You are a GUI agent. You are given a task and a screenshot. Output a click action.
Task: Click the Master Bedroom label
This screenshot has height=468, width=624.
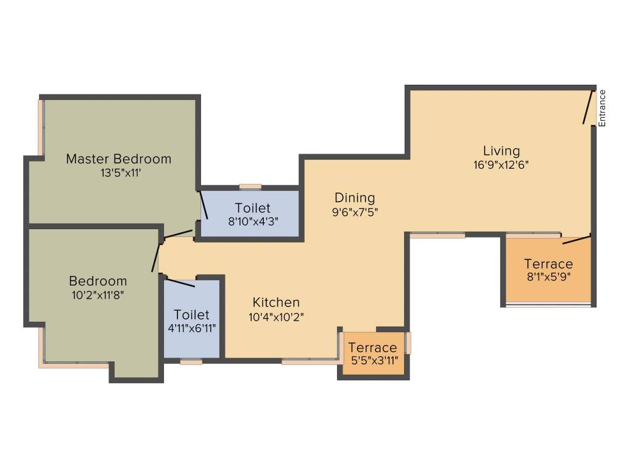(119, 159)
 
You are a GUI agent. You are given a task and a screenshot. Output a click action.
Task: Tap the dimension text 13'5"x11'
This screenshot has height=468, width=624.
(119, 172)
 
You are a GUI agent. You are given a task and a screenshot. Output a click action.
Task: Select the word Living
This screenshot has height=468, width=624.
(502, 151)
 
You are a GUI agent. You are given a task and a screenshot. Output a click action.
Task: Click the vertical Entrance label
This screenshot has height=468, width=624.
(602, 108)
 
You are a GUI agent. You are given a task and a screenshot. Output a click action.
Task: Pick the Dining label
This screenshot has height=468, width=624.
(355, 198)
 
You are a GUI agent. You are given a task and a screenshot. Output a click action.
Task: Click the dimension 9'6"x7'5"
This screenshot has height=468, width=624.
(355, 211)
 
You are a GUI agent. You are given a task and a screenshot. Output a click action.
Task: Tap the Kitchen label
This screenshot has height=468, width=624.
(276, 302)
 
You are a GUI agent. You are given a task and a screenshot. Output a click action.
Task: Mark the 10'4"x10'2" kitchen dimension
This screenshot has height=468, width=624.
(276, 316)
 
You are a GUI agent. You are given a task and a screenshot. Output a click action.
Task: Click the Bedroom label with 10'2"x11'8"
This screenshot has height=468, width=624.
(97, 281)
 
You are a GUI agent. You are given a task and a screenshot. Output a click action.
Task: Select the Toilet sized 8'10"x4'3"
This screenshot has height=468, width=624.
(252, 208)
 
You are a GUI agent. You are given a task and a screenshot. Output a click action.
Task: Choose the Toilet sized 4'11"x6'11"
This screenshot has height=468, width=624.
(191, 314)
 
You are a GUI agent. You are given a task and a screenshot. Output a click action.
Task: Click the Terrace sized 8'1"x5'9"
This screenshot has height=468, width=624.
(548, 264)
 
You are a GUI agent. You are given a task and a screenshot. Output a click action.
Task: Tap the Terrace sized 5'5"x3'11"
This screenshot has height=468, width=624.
(373, 348)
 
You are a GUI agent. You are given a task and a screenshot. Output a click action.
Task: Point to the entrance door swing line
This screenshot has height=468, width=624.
(589, 108)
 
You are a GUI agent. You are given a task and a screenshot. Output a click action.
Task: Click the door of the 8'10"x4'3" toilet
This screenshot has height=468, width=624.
(205, 206)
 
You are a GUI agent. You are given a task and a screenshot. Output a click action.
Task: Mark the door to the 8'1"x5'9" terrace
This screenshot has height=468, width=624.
(576, 239)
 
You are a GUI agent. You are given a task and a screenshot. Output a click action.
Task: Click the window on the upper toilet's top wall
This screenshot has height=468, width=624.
(250, 187)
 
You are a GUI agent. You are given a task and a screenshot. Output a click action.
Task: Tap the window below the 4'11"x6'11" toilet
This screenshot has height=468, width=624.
(191, 361)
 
